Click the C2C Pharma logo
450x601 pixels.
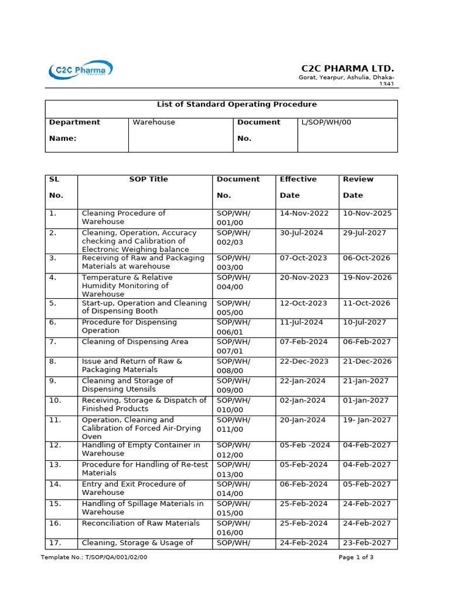point(80,70)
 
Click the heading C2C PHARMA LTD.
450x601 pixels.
point(347,68)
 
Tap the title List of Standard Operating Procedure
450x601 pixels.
point(237,104)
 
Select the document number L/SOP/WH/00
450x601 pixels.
point(326,123)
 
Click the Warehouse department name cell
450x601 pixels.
point(154,123)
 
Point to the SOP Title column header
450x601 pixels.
point(148,180)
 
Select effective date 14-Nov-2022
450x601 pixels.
point(304,214)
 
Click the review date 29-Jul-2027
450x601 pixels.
point(364,233)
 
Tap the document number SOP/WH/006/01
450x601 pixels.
point(234,326)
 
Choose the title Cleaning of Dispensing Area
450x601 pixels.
point(135,342)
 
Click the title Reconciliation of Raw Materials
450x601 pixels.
point(141,524)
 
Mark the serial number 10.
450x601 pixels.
point(55,400)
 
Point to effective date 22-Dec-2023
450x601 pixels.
point(304,362)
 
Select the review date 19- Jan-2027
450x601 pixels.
point(366,420)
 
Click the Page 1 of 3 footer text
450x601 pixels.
point(356,558)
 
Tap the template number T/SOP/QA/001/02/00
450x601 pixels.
point(94,558)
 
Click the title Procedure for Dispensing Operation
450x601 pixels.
point(129,326)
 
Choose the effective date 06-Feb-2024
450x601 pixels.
point(304,484)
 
